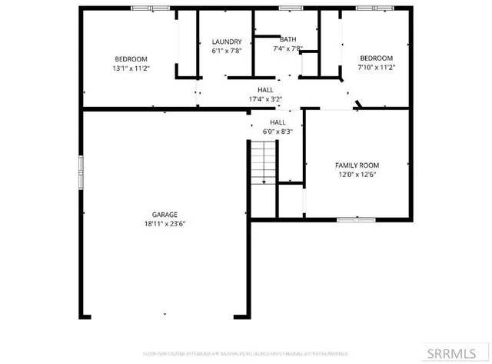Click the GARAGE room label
point(165,215)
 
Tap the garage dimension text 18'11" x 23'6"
point(165,224)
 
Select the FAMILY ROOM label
point(357,165)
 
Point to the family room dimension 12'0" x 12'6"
point(357,174)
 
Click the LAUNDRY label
point(227,42)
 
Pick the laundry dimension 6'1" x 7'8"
point(227,51)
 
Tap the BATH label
point(288,39)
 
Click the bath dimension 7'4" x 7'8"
point(288,48)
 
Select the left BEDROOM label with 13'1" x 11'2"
point(131,59)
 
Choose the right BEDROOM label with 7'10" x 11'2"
point(377,58)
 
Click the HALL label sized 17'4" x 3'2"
point(265,90)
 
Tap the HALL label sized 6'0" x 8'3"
point(278,122)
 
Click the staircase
point(264,162)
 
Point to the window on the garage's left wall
point(80,172)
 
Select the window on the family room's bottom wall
point(357,220)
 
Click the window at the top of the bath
point(290,8)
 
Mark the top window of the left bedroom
point(150,8)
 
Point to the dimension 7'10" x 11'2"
point(377,68)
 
